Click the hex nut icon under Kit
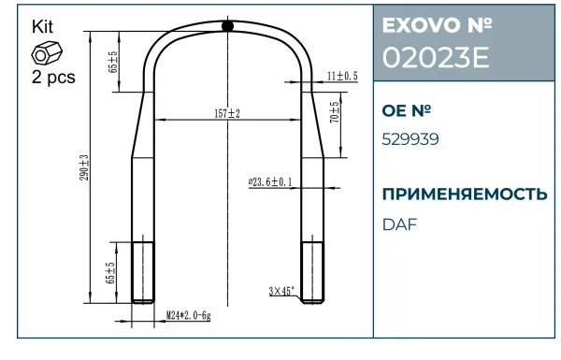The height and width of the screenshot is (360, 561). [47, 53]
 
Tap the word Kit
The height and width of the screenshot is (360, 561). [42, 27]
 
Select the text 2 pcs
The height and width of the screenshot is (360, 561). [53, 77]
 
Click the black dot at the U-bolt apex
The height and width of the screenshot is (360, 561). [227, 26]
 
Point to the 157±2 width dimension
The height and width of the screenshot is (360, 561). [227, 114]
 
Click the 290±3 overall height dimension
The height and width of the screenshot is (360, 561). [84, 167]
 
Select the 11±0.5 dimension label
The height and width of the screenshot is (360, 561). [342, 76]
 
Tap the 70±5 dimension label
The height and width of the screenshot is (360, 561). [334, 112]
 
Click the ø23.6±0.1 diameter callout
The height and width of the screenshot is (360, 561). [270, 181]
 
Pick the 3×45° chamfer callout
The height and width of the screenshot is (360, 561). [282, 291]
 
